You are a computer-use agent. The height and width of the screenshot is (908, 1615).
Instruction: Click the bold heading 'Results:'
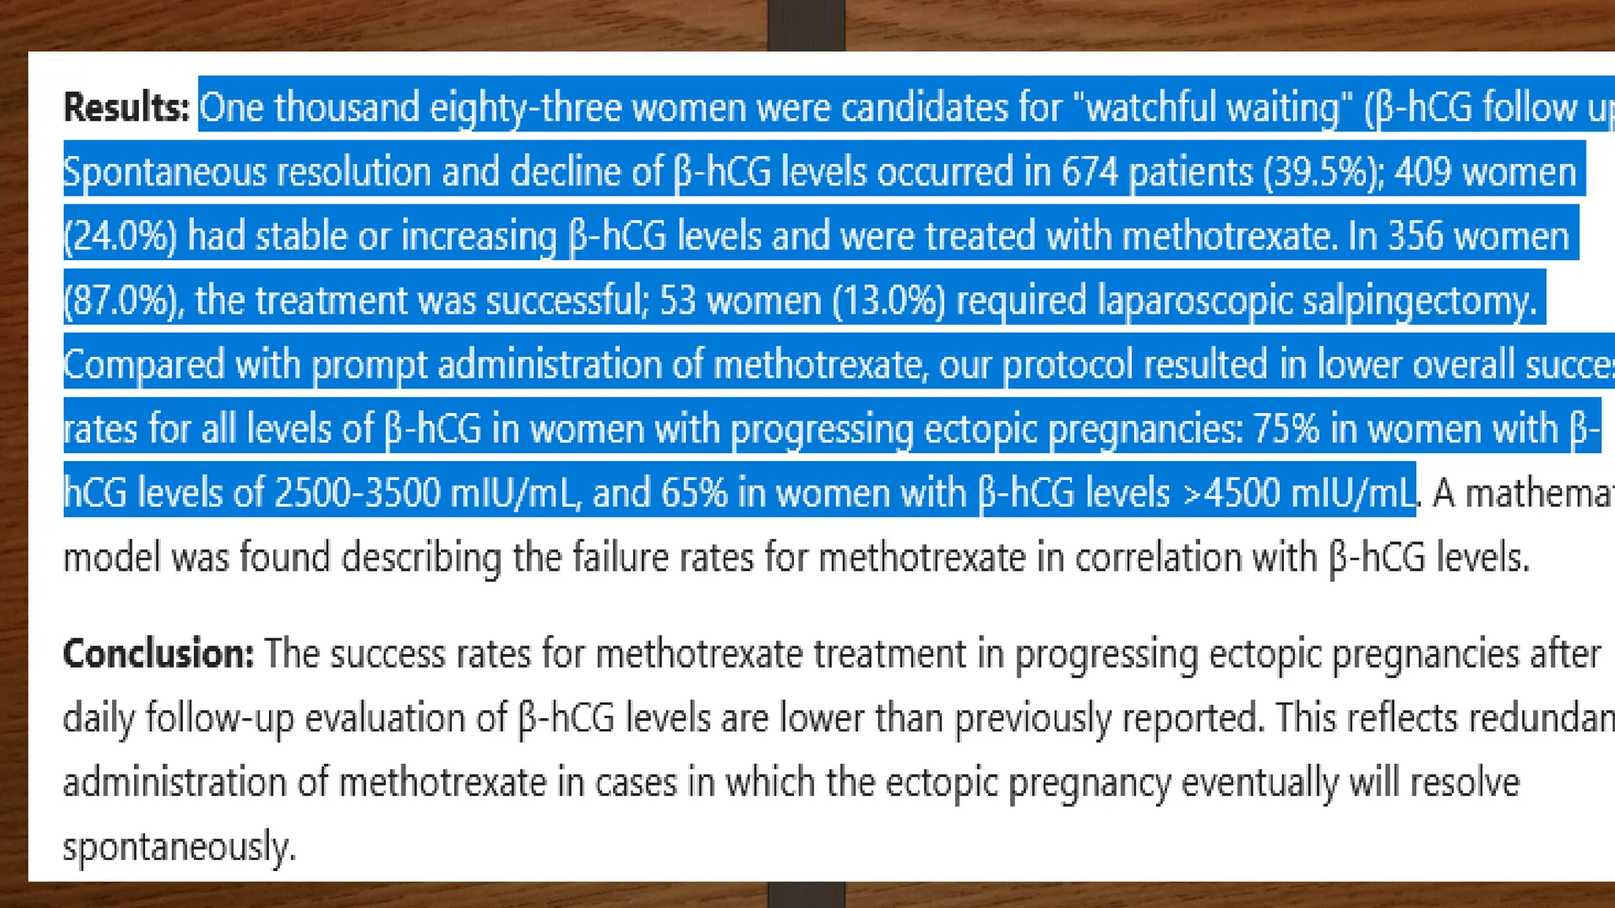pos(126,107)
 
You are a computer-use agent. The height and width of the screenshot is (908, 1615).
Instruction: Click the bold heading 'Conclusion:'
pos(159,653)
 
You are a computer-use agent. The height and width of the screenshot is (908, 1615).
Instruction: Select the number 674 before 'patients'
pos(1089,172)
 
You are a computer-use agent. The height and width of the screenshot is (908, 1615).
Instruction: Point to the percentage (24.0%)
pos(120,236)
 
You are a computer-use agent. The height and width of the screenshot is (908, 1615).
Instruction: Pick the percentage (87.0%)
pos(124,300)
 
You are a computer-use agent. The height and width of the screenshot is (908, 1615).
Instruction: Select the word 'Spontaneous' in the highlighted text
pos(164,172)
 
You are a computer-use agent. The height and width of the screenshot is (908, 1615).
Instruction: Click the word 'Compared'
pos(144,365)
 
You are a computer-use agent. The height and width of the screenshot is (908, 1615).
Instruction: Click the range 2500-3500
pos(357,493)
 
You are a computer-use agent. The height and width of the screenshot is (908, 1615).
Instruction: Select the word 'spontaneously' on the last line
pos(178,847)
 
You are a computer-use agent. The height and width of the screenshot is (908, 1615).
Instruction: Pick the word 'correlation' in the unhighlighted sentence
pos(1158,557)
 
